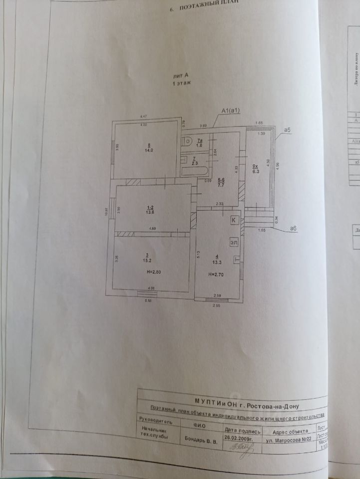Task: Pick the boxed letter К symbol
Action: (233, 220)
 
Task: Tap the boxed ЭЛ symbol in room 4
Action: (233, 242)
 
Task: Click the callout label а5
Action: (287, 130)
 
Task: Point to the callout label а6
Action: (294, 229)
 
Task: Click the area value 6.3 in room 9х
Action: (256, 171)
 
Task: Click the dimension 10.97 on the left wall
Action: (106, 212)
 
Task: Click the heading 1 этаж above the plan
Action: (180, 84)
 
